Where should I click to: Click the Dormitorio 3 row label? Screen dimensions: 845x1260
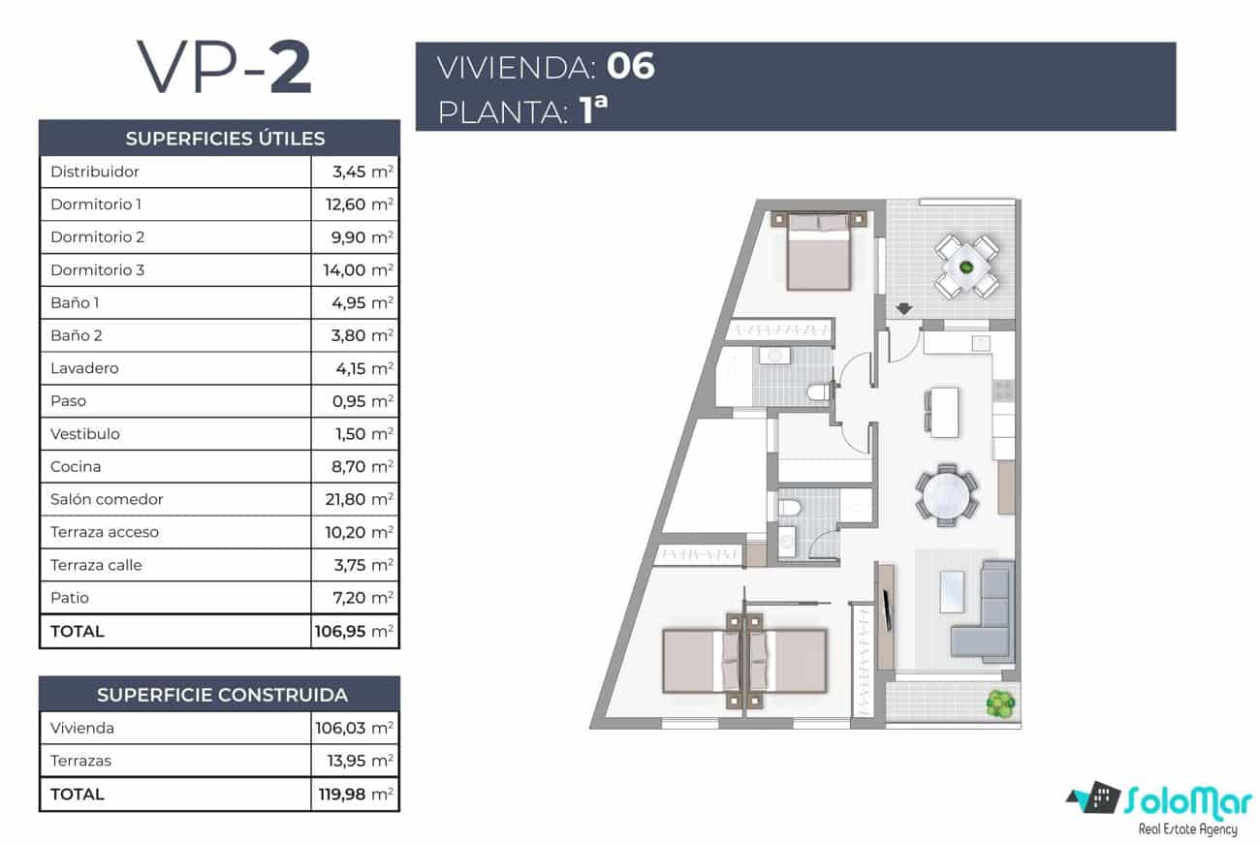[97, 270]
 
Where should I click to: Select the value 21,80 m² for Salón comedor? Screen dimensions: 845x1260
[357, 499]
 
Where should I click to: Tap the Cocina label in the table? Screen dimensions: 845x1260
[76, 466]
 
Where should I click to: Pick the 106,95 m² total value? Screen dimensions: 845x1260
[355, 631]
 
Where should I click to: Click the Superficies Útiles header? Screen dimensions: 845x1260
[225, 139]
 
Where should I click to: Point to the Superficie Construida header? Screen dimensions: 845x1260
[222, 695]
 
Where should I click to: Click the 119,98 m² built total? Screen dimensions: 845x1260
[356, 794]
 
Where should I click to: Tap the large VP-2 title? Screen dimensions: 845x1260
[225, 68]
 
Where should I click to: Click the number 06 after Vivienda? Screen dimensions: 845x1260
[630, 67]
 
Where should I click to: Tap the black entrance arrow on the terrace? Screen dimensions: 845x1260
[903, 310]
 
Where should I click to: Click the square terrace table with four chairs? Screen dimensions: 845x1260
[966, 266]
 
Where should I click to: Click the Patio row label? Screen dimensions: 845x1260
[70, 598]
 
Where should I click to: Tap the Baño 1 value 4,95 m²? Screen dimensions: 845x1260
[357, 303]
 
